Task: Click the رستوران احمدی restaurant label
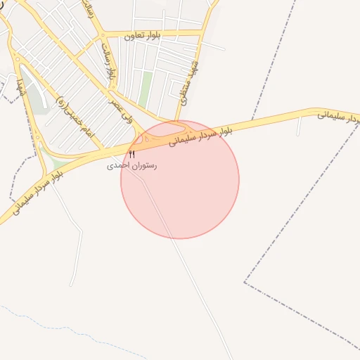click(x=132, y=166)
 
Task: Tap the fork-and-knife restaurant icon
click(x=131, y=154)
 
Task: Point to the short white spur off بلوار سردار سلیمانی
click(x=300, y=127)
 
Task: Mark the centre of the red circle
click(x=180, y=179)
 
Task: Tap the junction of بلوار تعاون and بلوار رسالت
click(x=104, y=35)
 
